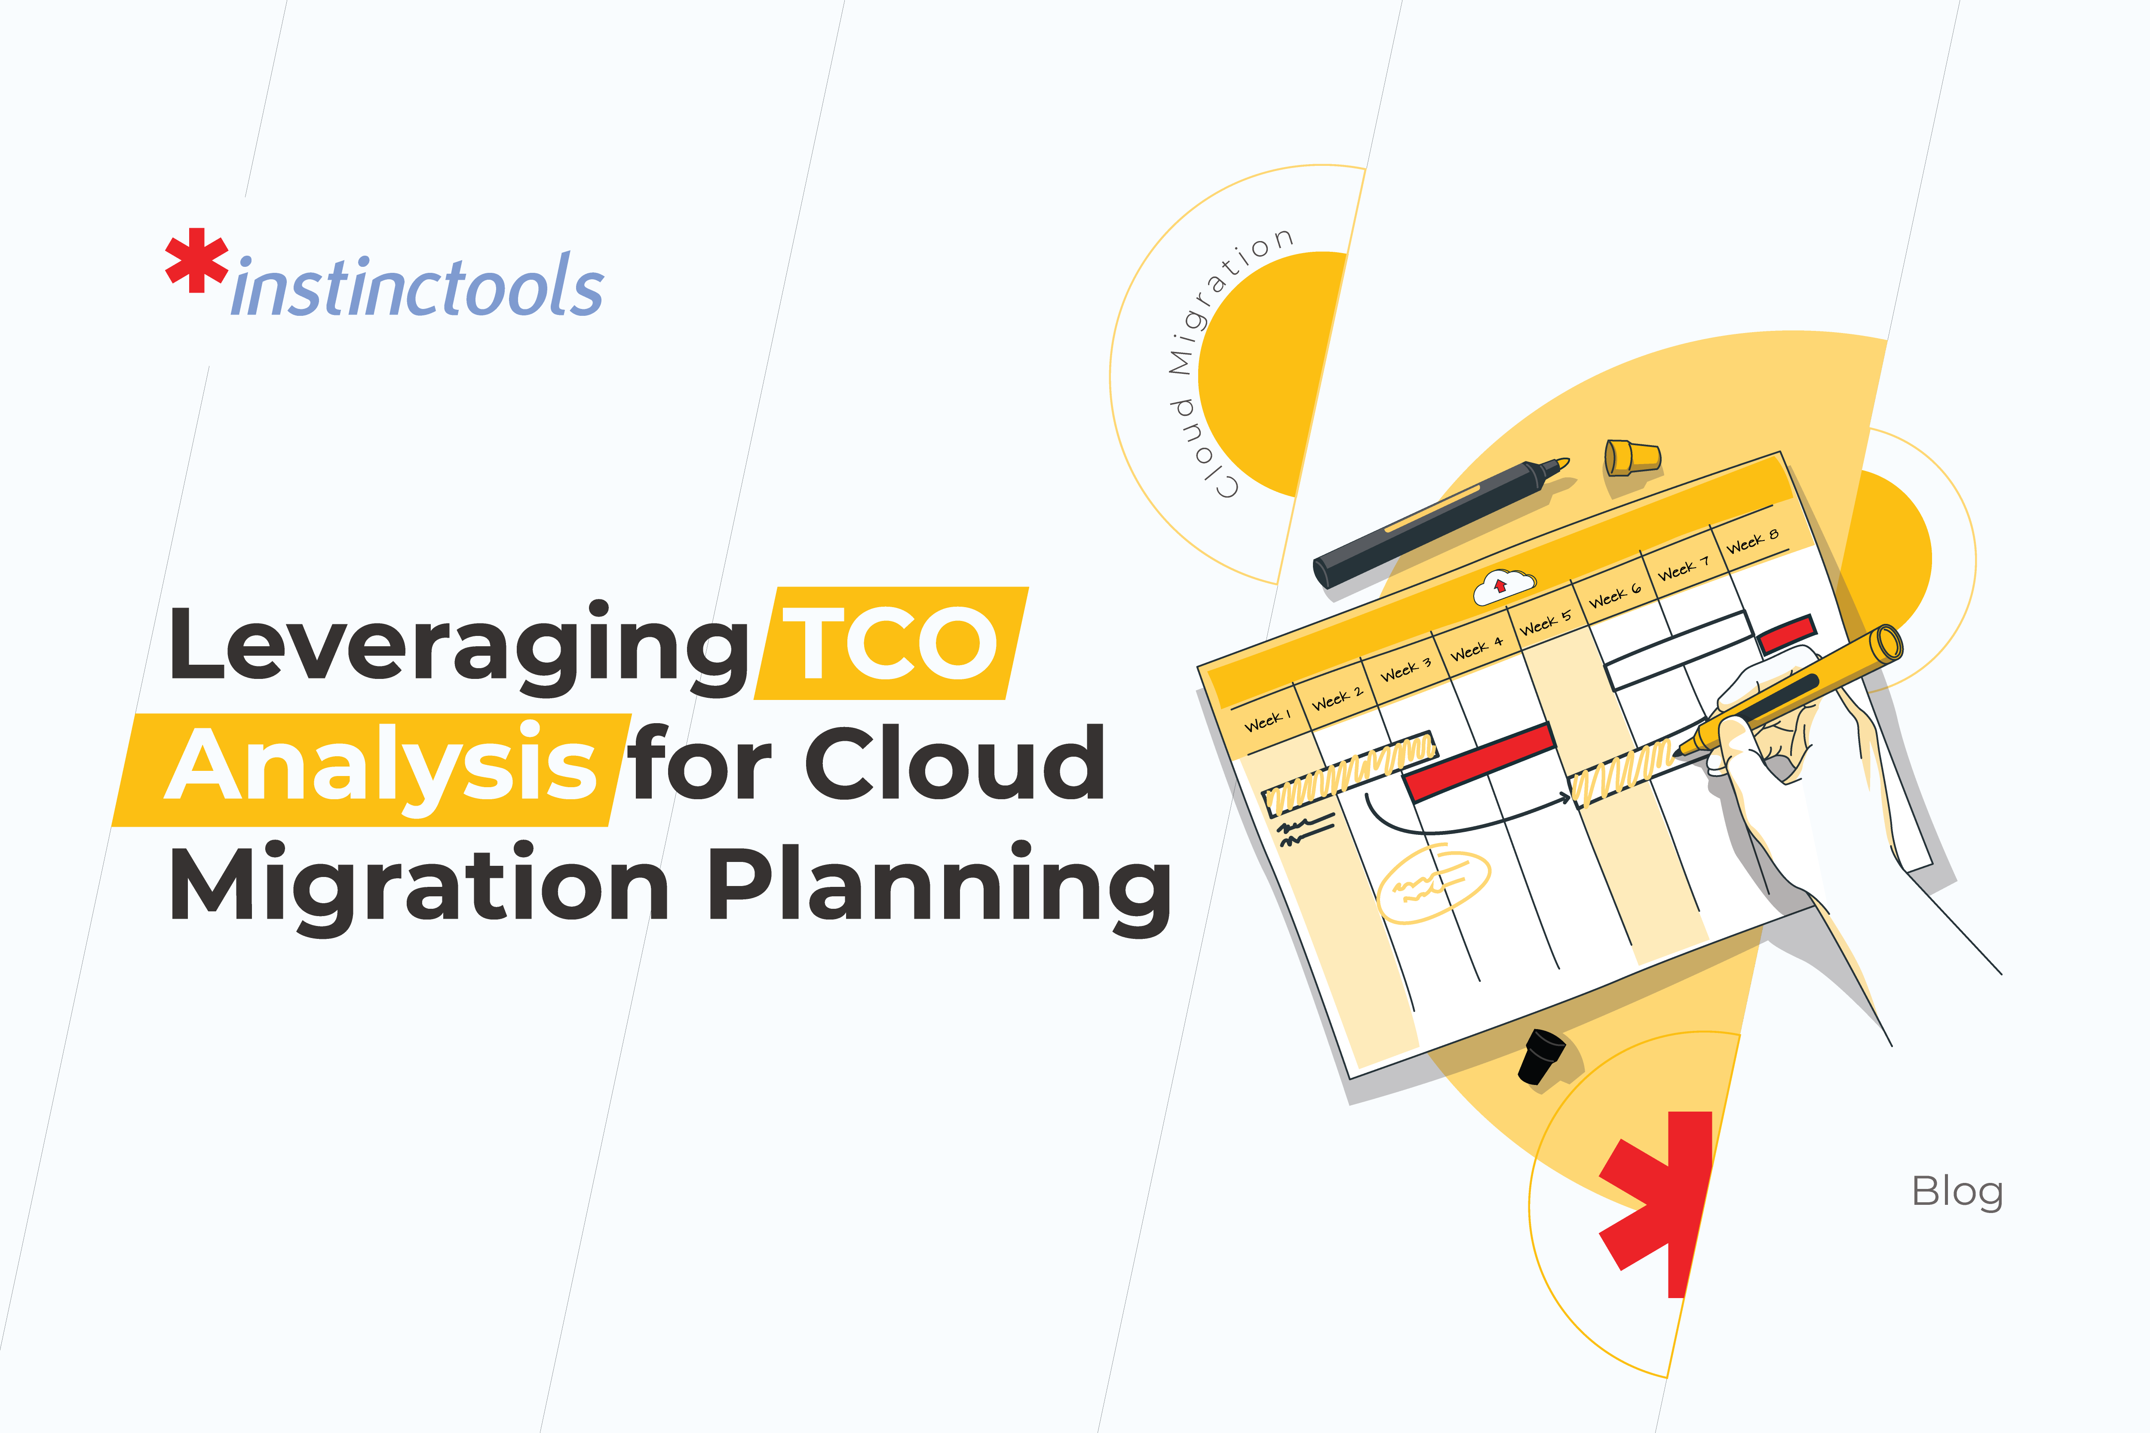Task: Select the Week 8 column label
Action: coord(1751,541)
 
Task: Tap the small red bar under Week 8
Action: coord(1786,632)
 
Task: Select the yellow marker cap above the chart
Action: coord(1632,457)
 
